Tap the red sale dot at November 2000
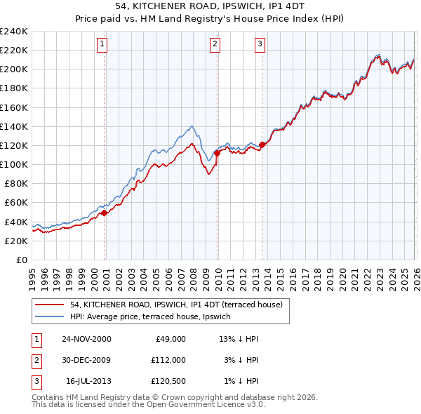click(105, 213)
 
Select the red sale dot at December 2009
click(218, 152)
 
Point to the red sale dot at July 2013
click(262, 145)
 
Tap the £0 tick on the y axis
click(21, 260)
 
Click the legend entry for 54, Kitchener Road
click(176, 305)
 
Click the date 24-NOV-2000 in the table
click(86, 339)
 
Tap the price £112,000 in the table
click(168, 360)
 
